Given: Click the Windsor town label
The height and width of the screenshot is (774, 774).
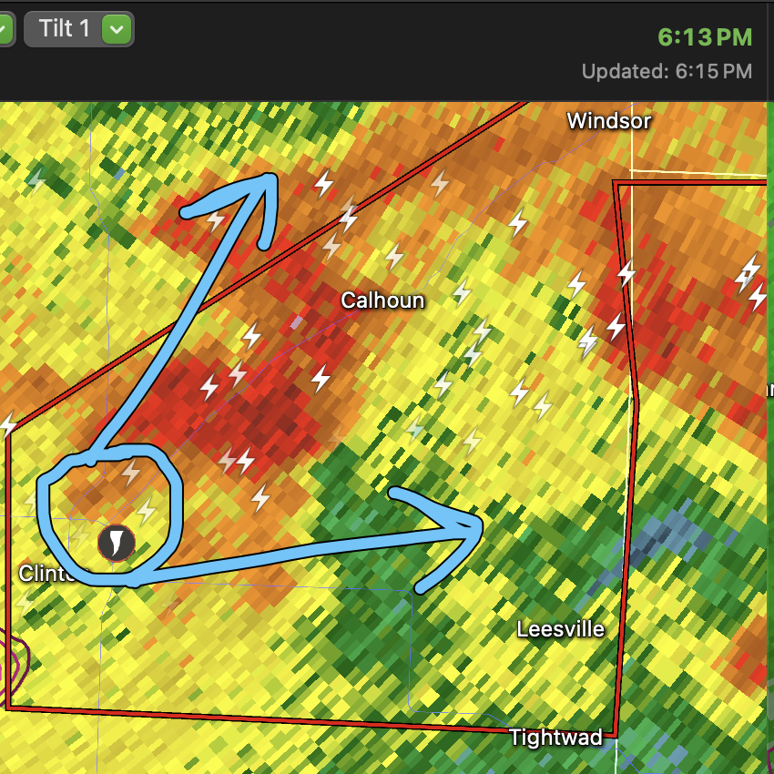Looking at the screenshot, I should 608,121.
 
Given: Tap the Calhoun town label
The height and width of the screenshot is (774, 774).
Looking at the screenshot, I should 382,300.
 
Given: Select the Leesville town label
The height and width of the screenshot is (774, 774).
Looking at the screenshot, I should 560,629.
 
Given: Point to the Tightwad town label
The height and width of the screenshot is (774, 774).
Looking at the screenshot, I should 555,738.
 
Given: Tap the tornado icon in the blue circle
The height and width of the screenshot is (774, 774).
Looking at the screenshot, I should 116,543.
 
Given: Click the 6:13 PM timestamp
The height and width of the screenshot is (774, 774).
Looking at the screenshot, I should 705,37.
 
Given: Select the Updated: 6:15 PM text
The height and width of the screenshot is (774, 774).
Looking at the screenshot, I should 667,71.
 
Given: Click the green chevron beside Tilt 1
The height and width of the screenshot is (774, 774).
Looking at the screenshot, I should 116,29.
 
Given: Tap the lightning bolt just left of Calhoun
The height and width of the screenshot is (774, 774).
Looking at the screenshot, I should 321,377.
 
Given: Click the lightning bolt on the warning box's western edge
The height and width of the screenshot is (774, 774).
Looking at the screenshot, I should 8,425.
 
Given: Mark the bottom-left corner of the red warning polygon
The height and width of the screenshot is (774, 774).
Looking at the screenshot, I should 8,707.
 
